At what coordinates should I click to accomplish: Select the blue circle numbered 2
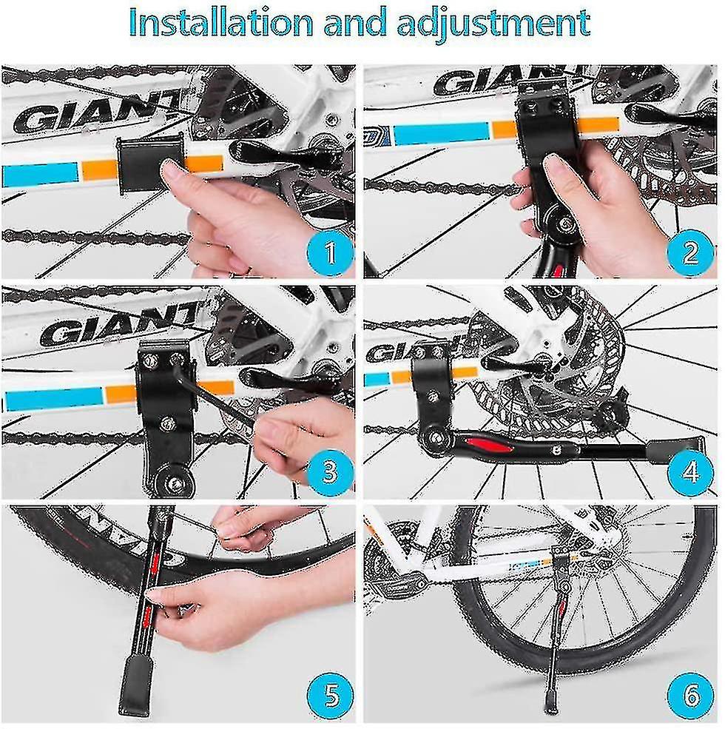coord(690,252)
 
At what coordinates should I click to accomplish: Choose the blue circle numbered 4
coord(690,471)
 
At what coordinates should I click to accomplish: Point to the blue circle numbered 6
coord(690,694)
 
